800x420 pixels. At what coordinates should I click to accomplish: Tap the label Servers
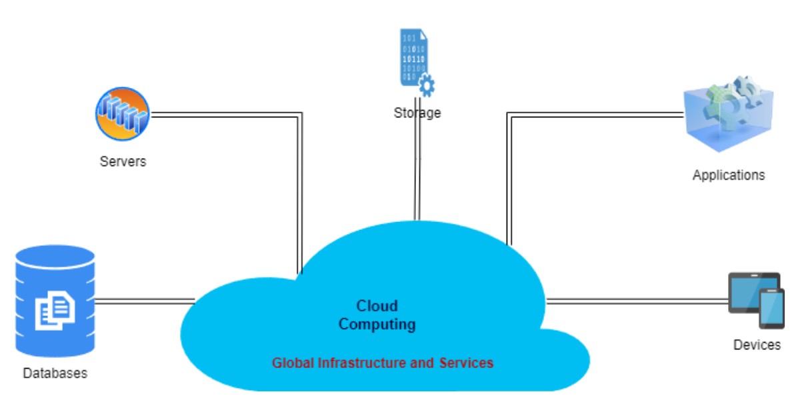click(x=123, y=161)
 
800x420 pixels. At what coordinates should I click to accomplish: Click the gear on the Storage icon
click(x=426, y=85)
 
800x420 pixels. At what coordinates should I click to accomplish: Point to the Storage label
click(x=417, y=113)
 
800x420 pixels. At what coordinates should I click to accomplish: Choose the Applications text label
click(x=728, y=175)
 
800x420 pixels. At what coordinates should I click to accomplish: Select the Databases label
click(x=55, y=373)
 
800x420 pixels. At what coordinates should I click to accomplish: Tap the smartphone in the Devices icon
click(x=772, y=308)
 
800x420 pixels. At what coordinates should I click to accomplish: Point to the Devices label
click(x=757, y=345)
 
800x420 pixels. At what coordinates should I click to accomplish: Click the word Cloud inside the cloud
click(x=377, y=306)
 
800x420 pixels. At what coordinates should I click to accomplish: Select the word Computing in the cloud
click(x=377, y=325)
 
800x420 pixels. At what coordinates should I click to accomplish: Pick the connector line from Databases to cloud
click(x=143, y=301)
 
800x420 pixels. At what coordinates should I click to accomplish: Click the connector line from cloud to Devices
click(x=637, y=301)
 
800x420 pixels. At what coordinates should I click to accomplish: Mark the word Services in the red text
click(x=466, y=363)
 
